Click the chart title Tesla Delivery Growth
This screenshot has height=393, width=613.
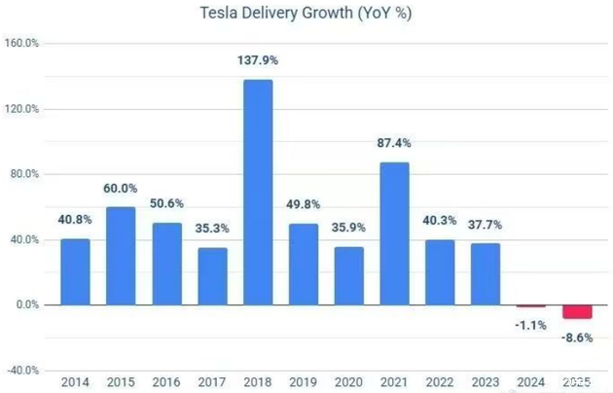coord(306,13)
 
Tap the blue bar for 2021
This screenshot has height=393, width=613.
coord(394,233)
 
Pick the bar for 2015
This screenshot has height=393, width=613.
coord(120,256)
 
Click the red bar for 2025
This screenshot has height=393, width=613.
coord(576,311)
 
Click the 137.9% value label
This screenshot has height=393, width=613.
coord(257,60)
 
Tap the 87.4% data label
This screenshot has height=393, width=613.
coord(394,143)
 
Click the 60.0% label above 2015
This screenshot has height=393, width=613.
coord(120,188)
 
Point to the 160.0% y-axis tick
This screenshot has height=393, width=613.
coord(21,44)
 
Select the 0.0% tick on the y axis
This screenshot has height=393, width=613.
coord(24,304)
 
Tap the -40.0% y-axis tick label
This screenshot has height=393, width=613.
coord(21,371)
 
